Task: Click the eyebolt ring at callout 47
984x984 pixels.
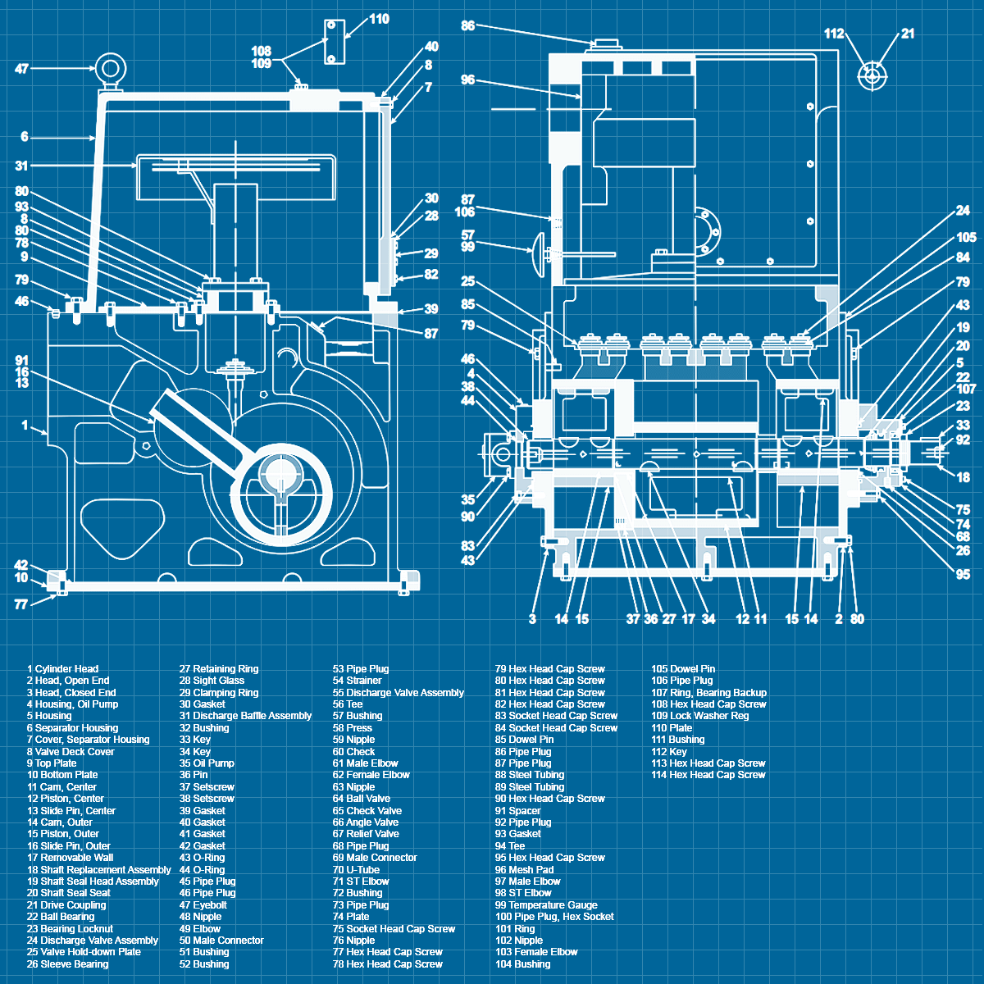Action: [x=109, y=67]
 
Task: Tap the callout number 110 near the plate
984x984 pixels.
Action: [x=379, y=19]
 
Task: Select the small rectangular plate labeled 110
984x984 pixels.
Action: [x=332, y=41]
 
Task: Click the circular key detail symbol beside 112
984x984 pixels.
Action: [x=871, y=76]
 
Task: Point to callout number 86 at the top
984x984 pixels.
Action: [x=467, y=25]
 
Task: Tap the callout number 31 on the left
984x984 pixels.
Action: [x=21, y=166]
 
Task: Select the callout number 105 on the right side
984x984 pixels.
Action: [x=966, y=238]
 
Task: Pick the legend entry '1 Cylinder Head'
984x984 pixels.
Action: [x=62, y=669]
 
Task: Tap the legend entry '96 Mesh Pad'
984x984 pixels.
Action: [x=524, y=869]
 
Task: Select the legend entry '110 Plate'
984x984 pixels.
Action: [x=672, y=727]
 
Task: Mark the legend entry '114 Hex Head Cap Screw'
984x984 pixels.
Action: [x=708, y=775]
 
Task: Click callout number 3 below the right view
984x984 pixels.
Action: [x=532, y=619]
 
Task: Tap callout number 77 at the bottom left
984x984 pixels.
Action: [x=21, y=604]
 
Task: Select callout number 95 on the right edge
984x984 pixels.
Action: [x=963, y=574]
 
